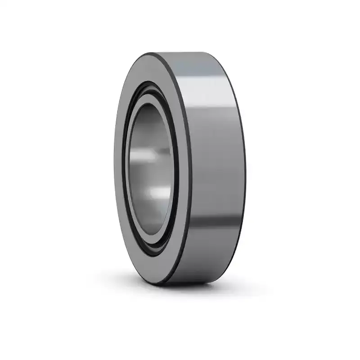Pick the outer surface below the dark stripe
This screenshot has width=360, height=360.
(x=211, y=252)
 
